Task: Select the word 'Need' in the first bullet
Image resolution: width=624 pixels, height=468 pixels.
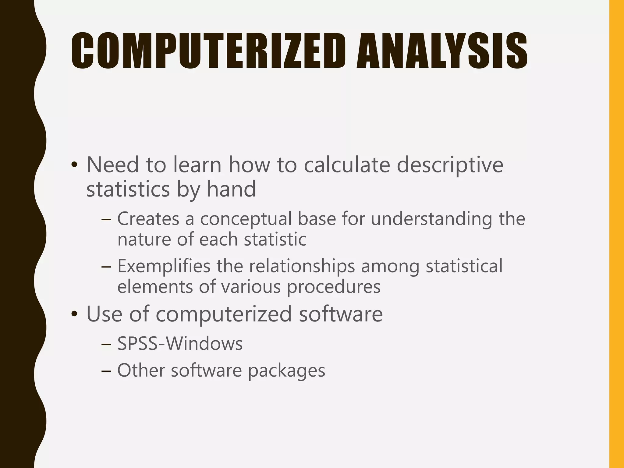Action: click(x=112, y=165)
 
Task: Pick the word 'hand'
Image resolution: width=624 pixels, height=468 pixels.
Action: click(x=231, y=189)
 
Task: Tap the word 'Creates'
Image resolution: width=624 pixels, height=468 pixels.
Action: click(x=148, y=219)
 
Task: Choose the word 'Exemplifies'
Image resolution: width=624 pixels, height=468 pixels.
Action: click(x=164, y=266)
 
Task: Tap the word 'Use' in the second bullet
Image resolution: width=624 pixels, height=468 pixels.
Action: click(x=105, y=314)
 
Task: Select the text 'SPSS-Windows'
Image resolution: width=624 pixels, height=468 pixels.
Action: click(x=180, y=344)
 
